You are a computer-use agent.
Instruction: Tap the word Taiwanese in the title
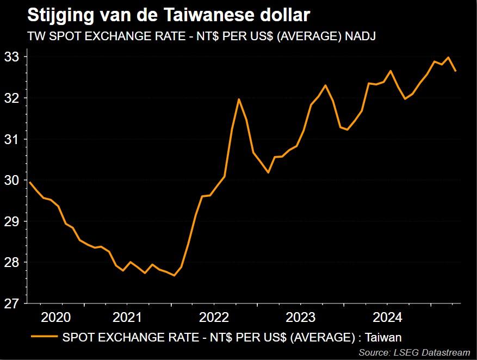(x=206, y=15)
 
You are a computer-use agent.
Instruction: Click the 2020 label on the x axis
(x=56, y=317)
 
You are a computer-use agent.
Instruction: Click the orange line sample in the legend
(x=45, y=337)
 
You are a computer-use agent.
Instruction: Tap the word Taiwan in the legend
(x=383, y=337)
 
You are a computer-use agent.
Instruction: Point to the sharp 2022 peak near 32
(x=239, y=100)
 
